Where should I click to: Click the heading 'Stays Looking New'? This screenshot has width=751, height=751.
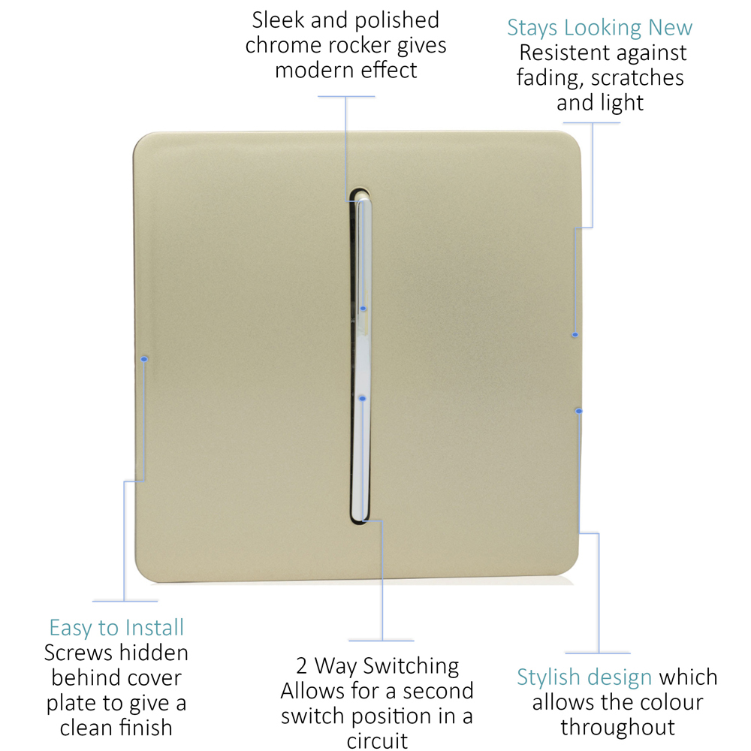(x=599, y=27)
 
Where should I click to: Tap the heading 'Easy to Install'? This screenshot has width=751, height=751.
(x=116, y=627)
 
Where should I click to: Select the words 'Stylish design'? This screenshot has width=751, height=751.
(x=584, y=677)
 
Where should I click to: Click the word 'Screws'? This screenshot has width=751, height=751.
(x=79, y=653)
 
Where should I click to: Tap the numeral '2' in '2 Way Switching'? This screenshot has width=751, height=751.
(x=301, y=665)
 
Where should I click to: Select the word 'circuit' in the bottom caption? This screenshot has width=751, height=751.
(x=377, y=740)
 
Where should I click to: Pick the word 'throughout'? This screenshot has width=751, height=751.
(x=618, y=727)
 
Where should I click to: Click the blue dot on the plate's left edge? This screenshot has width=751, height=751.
(x=144, y=359)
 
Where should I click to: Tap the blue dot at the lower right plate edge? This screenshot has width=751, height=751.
(x=579, y=411)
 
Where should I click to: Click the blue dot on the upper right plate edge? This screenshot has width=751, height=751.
(x=575, y=335)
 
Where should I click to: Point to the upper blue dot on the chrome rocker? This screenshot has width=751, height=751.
(x=363, y=309)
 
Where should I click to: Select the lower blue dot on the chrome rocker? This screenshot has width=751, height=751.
(x=363, y=399)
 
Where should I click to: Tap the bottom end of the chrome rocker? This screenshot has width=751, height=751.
(x=360, y=520)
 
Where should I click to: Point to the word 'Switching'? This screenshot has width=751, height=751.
(x=411, y=666)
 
